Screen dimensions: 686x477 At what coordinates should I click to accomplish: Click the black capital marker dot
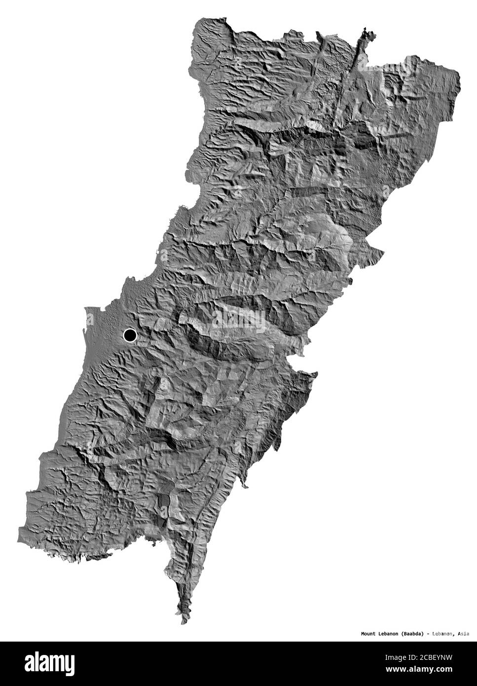point(130,336)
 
